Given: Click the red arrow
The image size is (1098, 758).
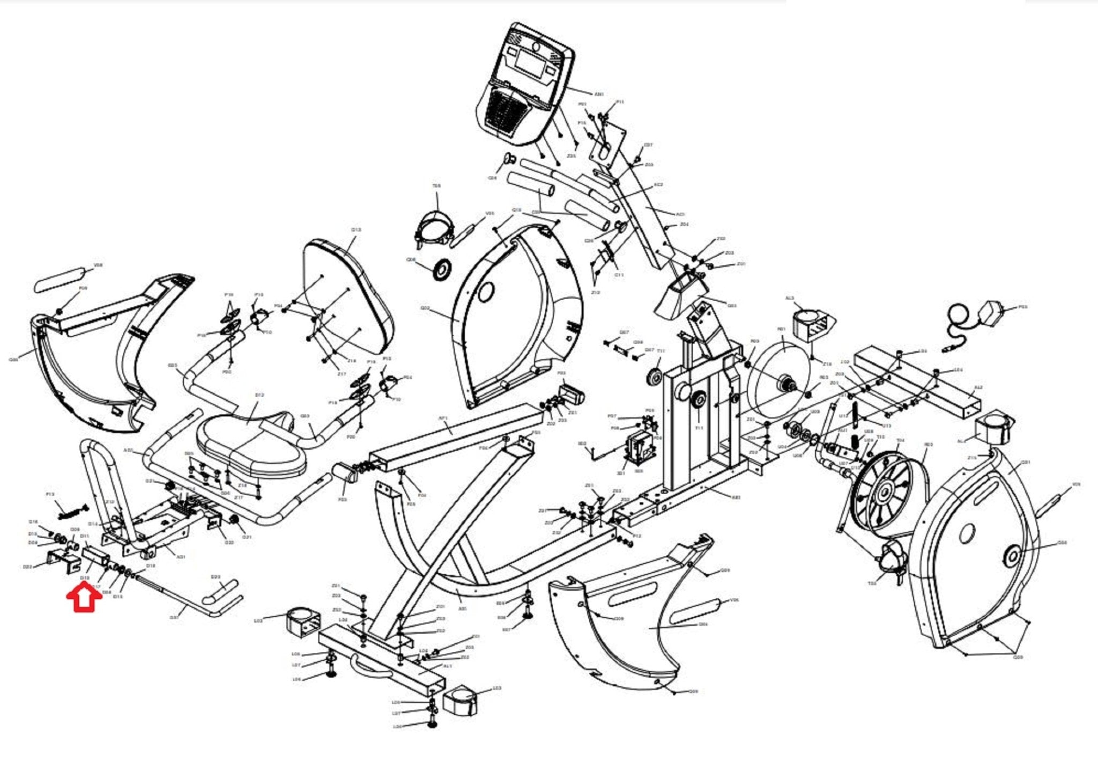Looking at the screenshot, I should click(84, 599).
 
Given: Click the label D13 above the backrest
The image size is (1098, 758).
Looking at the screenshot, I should click(357, 230).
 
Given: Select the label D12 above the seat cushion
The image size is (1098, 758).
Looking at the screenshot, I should click(259, 395).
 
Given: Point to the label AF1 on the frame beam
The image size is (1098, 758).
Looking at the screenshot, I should click(443, 418).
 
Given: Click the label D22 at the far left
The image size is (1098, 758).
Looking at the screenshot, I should click(28, 566).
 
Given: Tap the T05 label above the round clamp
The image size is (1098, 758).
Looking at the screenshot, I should click(436, 186).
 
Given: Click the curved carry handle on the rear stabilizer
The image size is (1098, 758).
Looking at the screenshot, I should click(367, 667).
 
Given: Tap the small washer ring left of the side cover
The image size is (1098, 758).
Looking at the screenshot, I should click(442, 268).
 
